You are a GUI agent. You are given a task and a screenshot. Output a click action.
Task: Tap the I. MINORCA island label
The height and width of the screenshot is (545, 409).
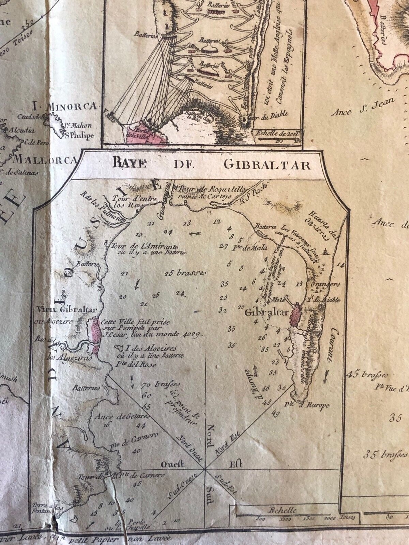point(65,107)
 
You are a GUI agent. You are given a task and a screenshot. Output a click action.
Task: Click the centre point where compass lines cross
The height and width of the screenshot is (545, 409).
point(206,470)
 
